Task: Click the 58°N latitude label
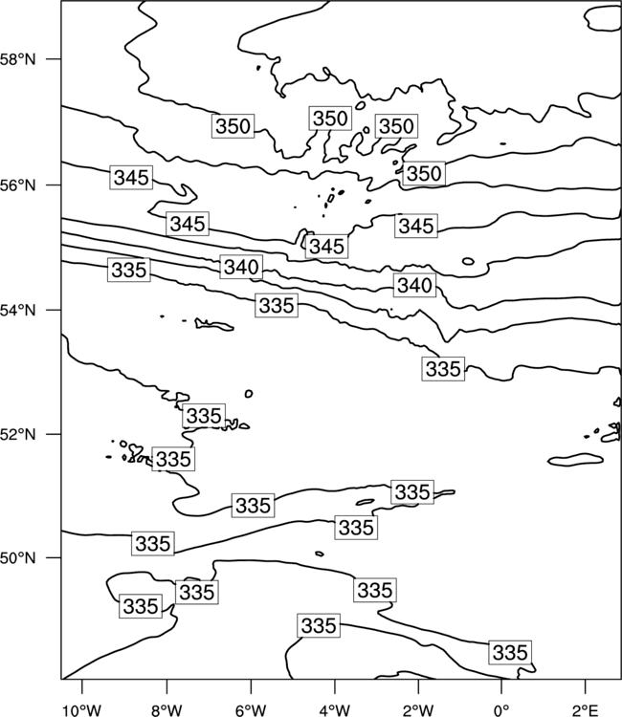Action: [18, 59]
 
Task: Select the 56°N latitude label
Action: [18, 185]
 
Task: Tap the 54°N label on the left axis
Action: [18, 311]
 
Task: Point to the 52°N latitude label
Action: [18, 434]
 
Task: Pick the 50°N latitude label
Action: [18, 558]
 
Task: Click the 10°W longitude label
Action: [82, 710]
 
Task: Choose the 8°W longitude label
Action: [167, 710]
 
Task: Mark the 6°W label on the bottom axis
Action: [251, 710]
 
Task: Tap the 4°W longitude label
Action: [335, 710]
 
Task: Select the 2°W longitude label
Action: [418, 710]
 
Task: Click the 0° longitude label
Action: [501, 710]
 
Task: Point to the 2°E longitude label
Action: [585, 710]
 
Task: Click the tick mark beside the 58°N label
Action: [54, 59]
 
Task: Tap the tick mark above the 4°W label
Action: [335, 686]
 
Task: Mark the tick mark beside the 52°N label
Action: [54, 434]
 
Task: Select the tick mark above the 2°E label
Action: [585, 686]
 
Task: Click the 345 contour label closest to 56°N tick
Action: [131, 178]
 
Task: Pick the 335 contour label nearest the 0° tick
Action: [510, 652]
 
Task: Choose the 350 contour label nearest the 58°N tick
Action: [233, 126]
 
